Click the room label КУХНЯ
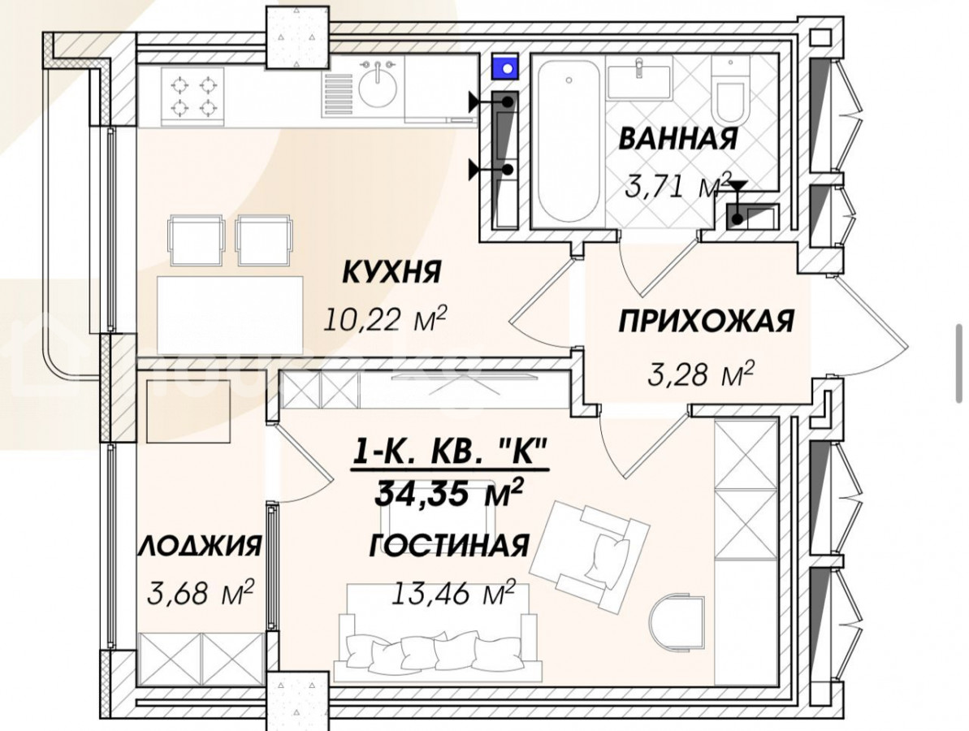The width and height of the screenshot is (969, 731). pyautogui.click(x=391, y=272)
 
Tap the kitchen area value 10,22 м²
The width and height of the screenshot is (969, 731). pyautogui.click(x=385, y=319)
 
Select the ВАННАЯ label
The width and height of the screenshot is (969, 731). pyautogui.click(x=678, y=138)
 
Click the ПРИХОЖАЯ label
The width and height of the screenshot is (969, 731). pyautogui.click(x=706, y=322)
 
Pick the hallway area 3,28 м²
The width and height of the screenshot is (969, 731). pyautogui.click(x=702, y=374)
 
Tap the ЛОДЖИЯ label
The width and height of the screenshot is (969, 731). pyautogui.click(x=201, y=547)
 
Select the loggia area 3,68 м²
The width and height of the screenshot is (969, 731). pyautogui.click(x=201, y=592)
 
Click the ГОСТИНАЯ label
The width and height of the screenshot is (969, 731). pyautogui.click(x=449, y=547)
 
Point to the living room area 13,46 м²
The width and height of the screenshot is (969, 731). pyautogui.click(x=453, y=593)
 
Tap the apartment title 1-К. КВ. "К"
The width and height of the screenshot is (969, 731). pyautogui.click(x=449, y=452)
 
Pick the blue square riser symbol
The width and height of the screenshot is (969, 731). pyautogui.click(x=506, y=67)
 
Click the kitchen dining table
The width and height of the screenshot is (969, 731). pyautogui.click(x=230, y=315)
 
